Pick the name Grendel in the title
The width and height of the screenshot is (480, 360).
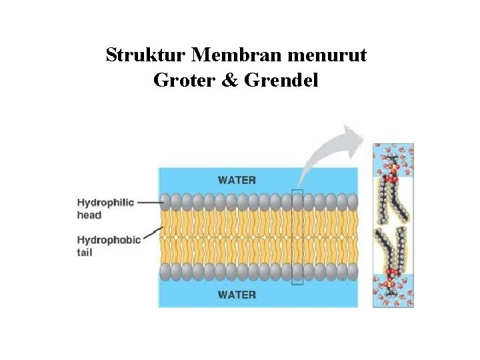coord(281,80)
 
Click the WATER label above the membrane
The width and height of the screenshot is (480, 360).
coord(237,179)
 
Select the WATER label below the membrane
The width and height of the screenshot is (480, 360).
coord(237,294)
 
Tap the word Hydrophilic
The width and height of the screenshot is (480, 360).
coord(105,203)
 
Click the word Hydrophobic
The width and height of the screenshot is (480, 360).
coord(109,240)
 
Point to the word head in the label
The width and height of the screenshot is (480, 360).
coord(89,215)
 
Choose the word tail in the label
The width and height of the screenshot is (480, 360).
coord(85,252)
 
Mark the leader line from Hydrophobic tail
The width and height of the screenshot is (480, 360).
coord(153,234)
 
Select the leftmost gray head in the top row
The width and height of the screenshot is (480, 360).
coord(165,201)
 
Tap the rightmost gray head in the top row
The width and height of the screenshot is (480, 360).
coord(352,201)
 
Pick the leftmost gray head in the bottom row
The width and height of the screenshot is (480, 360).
coord(165,271)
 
